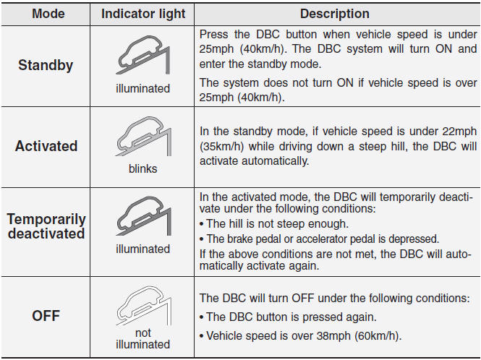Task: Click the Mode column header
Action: (48, 14)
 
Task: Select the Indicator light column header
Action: (143, 14)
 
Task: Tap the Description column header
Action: (335, 14)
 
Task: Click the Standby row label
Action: (46, 65)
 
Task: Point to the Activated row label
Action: (46, 146)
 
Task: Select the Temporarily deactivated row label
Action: (46, 226)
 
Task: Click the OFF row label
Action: (46, 315)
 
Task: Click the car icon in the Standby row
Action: (143, 55)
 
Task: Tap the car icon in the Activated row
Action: (143, 136)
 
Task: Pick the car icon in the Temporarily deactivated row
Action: (143, 216)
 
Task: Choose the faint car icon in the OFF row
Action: (143, 306)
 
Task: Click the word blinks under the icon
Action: (143, 168)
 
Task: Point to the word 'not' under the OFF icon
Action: (143, 333)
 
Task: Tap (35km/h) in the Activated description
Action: (222, 146)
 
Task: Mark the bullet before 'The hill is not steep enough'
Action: (202, 224)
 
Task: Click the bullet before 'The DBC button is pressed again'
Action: (202, 317)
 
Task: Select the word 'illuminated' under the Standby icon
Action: (143, 89)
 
